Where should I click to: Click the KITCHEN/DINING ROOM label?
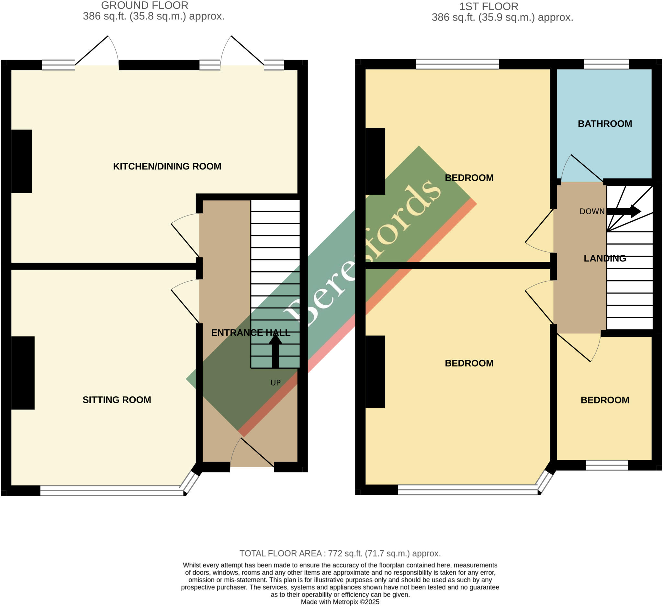[167, 166]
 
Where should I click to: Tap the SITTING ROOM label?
[117, 400]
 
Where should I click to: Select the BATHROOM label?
[605, 124]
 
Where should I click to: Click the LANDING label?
[605, 258]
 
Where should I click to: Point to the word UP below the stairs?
[275, 382]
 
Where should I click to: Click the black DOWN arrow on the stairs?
[624, 211]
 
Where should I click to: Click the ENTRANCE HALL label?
[251, 333]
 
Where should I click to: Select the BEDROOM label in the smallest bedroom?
[605, 400]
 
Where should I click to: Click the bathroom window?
[606, 64]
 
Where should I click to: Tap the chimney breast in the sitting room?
[23, 373]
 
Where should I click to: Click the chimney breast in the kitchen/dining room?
[21, 161]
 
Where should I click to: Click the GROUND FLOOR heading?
[144, 6]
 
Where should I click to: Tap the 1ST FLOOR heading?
[489, 6]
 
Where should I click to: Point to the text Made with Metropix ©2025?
[340, 602]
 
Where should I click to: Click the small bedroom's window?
[607, 465]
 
